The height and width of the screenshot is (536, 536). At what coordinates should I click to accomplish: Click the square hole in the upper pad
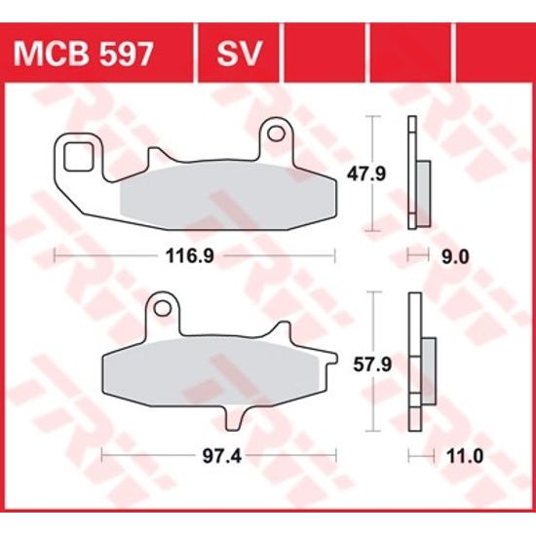pyautogui.click(x=77, y=153)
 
